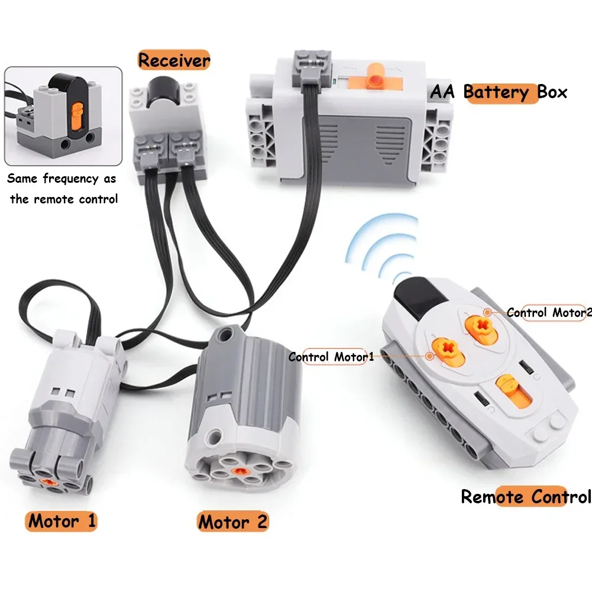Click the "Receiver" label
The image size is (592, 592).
(x=174, y=60)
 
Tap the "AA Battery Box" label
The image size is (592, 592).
(x=498, y=92)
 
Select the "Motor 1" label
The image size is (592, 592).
(x=62, y=521)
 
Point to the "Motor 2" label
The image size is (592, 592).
(x=232, y=522)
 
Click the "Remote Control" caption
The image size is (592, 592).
(x=526, y=497)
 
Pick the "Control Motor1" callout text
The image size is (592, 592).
(x=331, y=357)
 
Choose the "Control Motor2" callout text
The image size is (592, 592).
(x=548, y=313)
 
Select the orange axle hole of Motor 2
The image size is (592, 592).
(x=239, y=471)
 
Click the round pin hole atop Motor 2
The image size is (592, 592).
(x=224, y=336)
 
